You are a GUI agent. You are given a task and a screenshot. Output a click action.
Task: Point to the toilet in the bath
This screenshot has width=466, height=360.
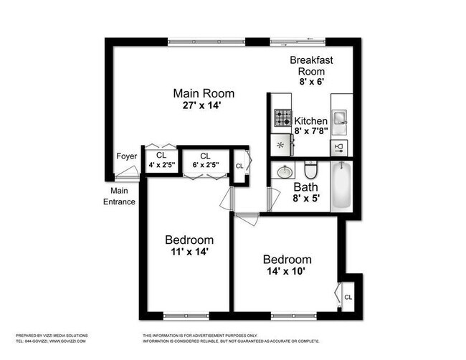pos(310,171)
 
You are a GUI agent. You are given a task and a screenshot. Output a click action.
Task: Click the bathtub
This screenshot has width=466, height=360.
pos(341,186)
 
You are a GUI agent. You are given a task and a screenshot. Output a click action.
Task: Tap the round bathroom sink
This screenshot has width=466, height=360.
pos(284,172)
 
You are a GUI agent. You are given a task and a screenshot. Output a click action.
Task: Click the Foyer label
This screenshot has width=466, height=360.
pos(126,156)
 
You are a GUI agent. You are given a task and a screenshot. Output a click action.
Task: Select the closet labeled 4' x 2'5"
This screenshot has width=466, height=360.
pos(161,160)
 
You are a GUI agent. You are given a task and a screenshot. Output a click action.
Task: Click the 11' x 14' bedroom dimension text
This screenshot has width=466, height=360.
pos(189,252)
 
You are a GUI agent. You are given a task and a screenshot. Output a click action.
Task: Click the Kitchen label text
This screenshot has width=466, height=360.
pos(310,120)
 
